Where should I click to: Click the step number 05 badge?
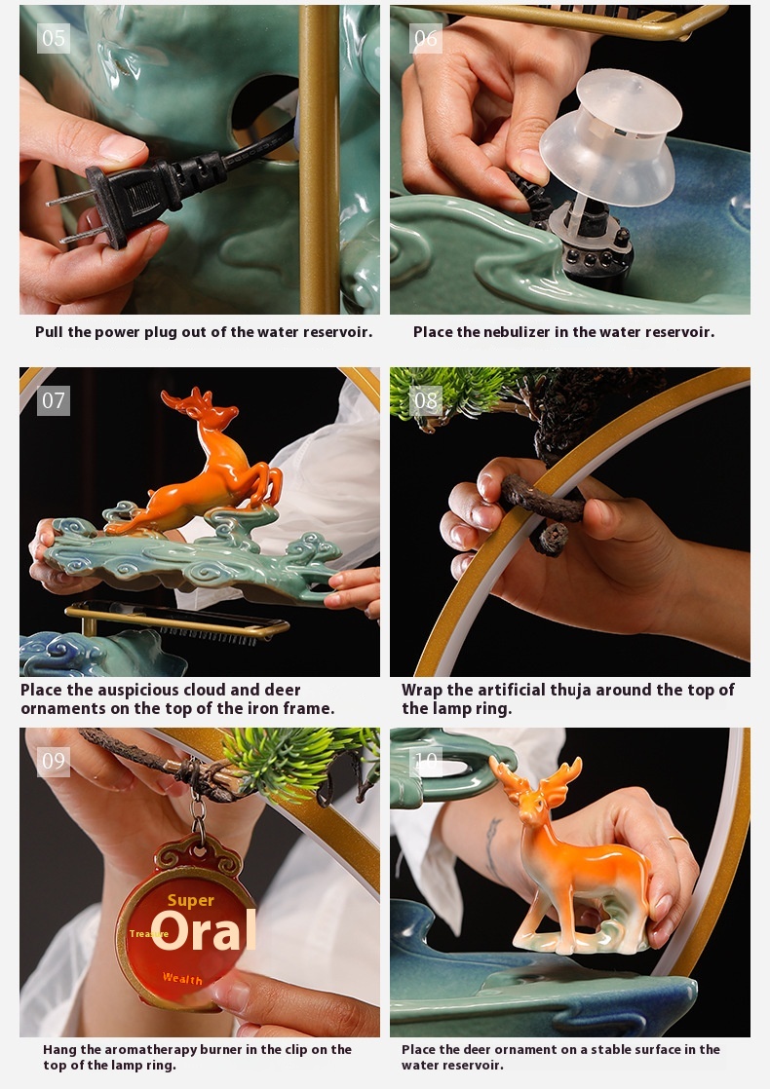(54, 38)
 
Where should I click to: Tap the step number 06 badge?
(425, 38)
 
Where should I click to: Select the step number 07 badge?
(54, 400)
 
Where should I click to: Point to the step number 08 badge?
(425, 400)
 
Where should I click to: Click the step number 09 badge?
(54, 761)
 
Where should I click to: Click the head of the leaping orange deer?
(209, 412)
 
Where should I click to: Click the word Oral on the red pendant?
(204, 930)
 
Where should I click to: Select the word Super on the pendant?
(190, 901)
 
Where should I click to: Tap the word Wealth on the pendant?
(182, 978)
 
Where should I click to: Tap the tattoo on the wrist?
(492, 848)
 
